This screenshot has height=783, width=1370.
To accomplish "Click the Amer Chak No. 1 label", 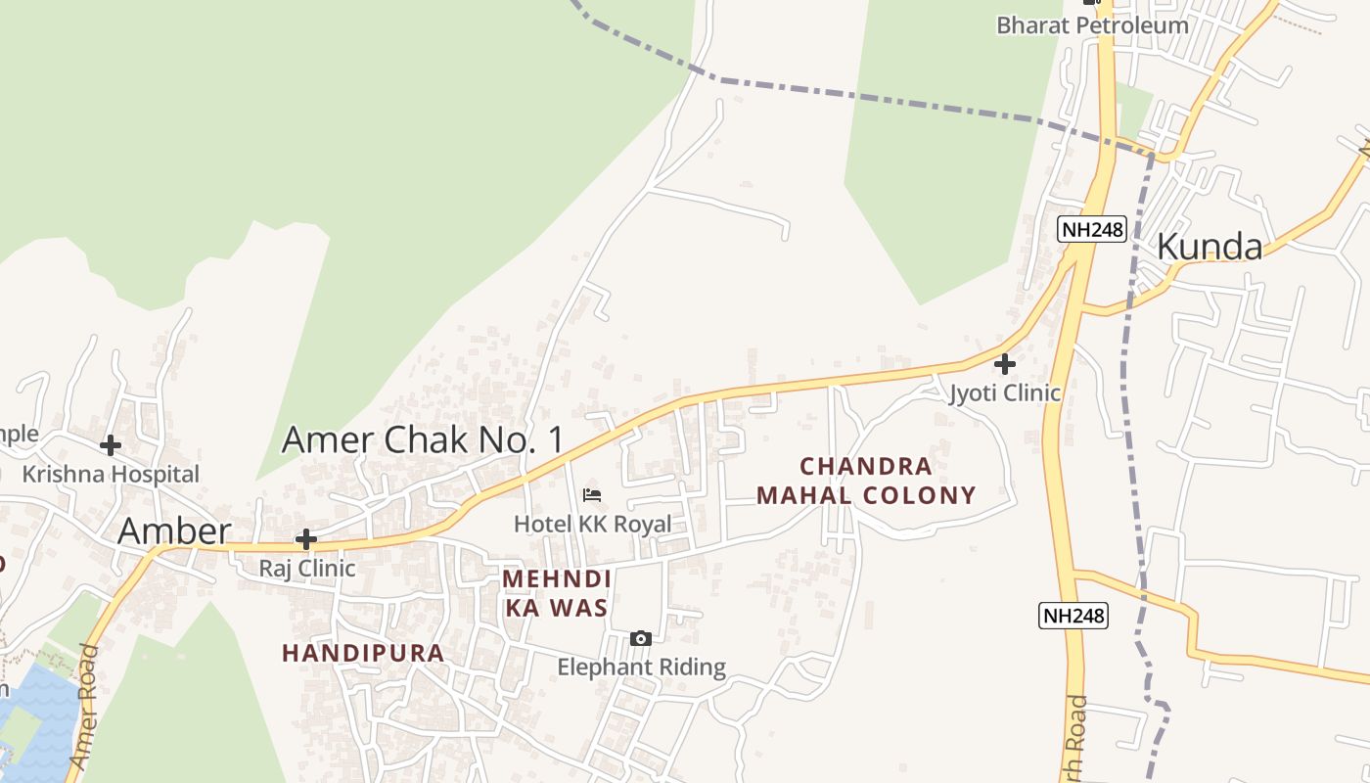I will pyautogui.click(x=423, y=440).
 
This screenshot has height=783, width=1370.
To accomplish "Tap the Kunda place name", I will pyautogui.click(x=1210, y=247).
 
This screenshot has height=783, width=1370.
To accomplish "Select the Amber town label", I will pyautogui.click(x=174, y=531).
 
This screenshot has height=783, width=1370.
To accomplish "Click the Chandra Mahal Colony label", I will pyautogui.click(x=866, y=481).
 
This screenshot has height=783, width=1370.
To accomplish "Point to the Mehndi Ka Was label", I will pyautogui.click(x=556, y=593).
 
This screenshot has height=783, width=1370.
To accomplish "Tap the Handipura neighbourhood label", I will pyautogui.click(x=363, y=653).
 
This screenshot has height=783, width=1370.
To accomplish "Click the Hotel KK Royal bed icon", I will pyautogui.click(x=592, y=495).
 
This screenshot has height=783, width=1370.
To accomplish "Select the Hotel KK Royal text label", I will pyautogui.click(x=592, y=524).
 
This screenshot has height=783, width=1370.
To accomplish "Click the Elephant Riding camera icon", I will pyautogui.click(x=641, y=639).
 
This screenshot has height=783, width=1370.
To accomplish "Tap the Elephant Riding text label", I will pyautogui.click(x=641, y=668).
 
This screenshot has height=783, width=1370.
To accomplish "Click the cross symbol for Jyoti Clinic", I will pyautogui.click(x=1005, y=364).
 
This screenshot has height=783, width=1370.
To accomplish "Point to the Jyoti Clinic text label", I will pyautogui.click(x=1005, y=393).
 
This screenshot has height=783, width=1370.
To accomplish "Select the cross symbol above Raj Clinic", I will pyautogui.click(x=306, y=539).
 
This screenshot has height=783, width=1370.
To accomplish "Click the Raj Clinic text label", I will pyautogui.click(x=306, y=568).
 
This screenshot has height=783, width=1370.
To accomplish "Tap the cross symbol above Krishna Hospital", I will pyautogui.click(x=111, y=445).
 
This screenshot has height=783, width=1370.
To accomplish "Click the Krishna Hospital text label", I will pyautogui.click(x=111, y=475).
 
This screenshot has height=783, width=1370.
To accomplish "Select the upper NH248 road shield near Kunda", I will pyautogui.click(x=1092, y=229).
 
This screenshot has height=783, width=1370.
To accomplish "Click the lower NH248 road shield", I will pyautogui.click(x=1073, y=616).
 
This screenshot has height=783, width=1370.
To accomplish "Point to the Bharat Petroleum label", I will pyautogui.click(x=1092, y=25).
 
